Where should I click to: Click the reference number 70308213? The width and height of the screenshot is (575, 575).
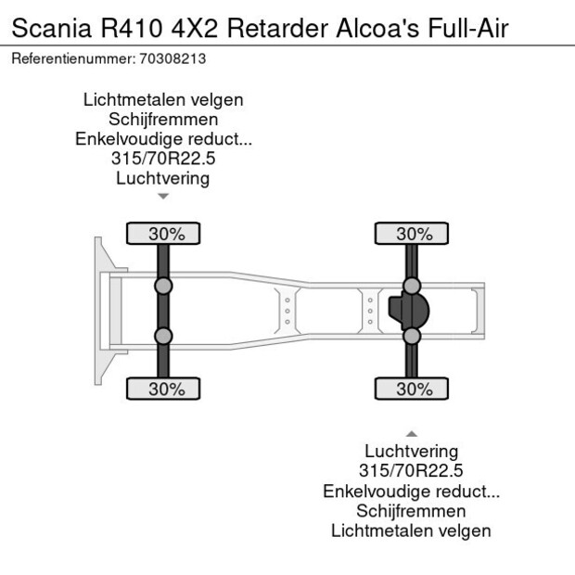(x=172, y=58)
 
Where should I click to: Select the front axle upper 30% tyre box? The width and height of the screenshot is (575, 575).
(x=163, y=233)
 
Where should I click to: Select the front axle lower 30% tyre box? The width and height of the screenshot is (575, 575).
(x=163, y=390)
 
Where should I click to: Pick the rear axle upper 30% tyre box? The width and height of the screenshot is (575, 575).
(x=412, y=233)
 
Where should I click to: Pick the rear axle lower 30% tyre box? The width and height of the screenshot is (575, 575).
(x=412, y=390)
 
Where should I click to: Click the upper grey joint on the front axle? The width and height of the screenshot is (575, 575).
(x=163, y=286)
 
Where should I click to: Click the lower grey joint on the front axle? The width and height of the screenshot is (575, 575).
(x=163, y=336)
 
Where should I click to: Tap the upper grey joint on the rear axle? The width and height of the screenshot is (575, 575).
(x=412, y=286)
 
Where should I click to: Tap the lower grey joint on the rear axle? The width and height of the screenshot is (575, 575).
(x=412, y=336)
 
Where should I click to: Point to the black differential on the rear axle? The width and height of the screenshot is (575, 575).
(x=402, y=311)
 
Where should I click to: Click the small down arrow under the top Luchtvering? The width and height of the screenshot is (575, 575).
(x=163, y=197)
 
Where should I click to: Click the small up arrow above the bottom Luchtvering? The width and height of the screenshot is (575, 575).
(x=412, y=433)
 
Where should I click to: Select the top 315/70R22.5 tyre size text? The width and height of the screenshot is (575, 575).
(x=163, y=159)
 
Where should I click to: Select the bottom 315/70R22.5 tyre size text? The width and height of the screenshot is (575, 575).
(x=412, y=471)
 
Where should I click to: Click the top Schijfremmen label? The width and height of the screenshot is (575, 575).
(x=163, y=120)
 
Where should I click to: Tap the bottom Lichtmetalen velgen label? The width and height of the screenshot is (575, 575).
(x=412, y=530)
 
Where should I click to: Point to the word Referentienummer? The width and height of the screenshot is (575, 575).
(x=71, y=58)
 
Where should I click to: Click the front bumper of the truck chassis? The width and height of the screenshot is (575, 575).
(x=98, y=311)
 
